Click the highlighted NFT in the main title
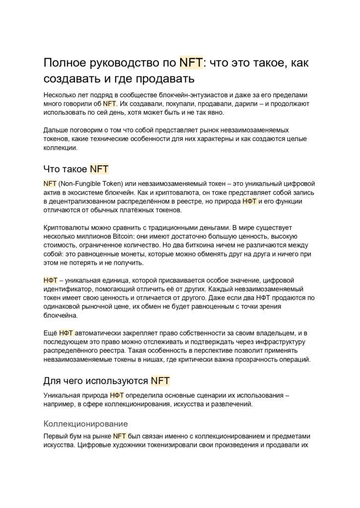pos(191,63)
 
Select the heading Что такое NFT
pos(76,169)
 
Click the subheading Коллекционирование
pos(86,424)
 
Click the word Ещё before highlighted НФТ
pos(50,333)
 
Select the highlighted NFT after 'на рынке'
pos(120,436)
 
